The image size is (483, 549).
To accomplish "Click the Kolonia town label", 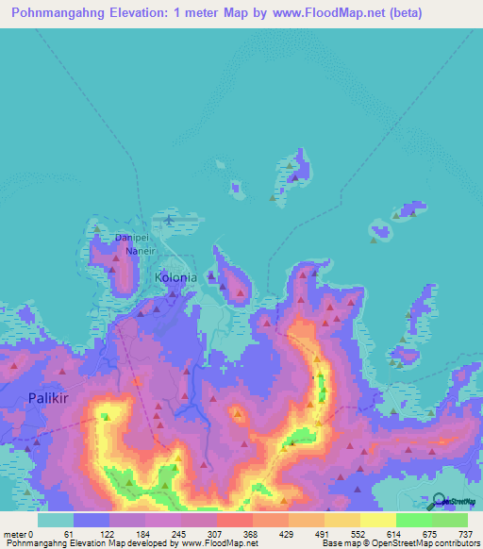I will (175, 278).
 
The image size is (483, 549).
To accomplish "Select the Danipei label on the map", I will (132, 238).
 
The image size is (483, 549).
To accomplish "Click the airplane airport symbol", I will (169, 220).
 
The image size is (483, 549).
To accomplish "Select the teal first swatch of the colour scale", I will (55, 520).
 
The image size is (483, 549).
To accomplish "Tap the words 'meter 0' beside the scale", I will (18, 533).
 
